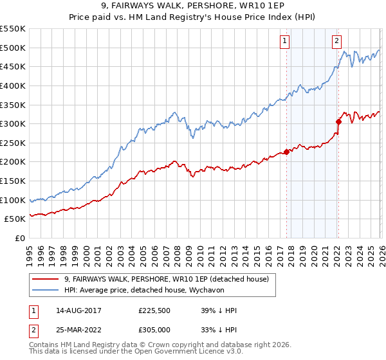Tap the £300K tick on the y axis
[13, 123]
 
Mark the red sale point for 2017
[286, 152]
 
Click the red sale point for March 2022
[338, 122]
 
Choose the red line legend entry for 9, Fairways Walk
[170, 278]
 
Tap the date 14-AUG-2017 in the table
[83, 310]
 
